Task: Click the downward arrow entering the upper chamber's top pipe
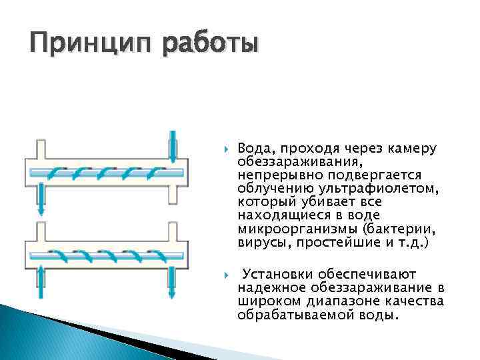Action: coord(173,145)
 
